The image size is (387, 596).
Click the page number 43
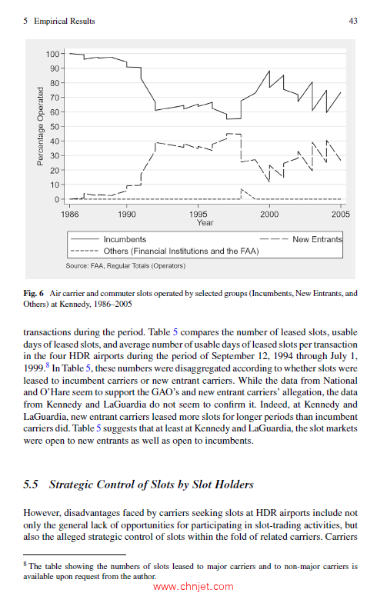(x=353, y=21)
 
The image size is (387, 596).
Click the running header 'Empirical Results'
(x=64, y=21)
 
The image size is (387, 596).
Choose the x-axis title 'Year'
(x=205, y=222)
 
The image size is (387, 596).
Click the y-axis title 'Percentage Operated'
(x=40, y=127)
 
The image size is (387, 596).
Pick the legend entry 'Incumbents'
(x=125, y=239)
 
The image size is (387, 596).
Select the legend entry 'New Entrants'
(x=317, y=239)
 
